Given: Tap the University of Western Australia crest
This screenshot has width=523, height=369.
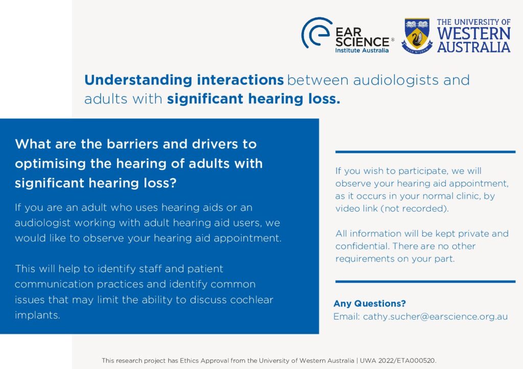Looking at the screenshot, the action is point(417,36).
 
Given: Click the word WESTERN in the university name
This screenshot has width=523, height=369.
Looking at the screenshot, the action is point(473,34).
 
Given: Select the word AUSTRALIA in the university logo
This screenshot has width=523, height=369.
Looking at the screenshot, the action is point(473,47).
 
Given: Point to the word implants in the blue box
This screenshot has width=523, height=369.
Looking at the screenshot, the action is point(37,315).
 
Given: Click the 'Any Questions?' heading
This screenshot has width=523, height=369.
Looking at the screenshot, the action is point(370,303).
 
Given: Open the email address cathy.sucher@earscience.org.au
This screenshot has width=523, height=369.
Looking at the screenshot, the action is point(435,317).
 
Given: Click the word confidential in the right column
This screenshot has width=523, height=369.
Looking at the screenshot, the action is point(363,246).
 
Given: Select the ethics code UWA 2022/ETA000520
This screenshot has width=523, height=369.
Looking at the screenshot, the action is point(398,360).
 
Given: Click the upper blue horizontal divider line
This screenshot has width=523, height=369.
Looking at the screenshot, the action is point(425,152).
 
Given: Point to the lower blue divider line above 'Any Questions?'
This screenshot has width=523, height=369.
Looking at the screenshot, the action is point(425,281).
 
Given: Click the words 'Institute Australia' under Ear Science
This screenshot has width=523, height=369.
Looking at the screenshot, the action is point(362,50).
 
